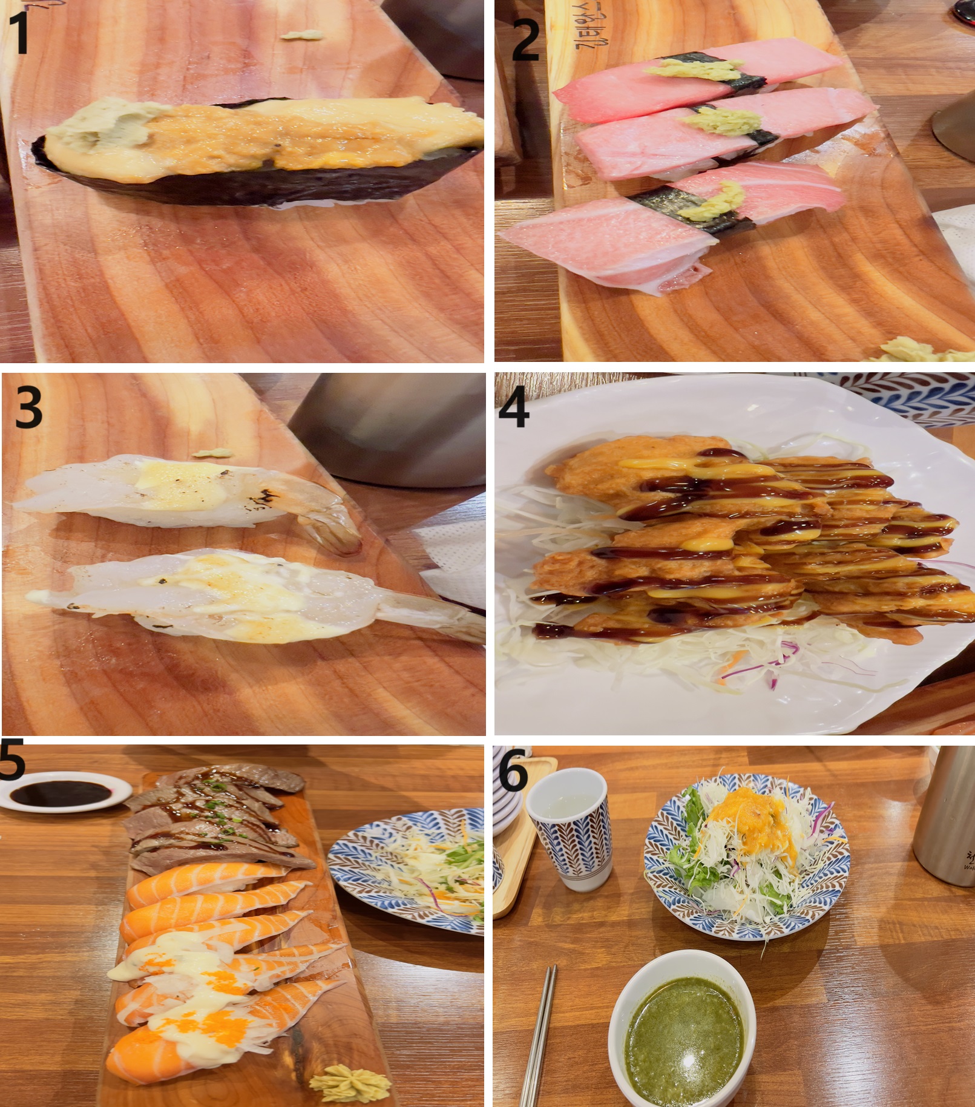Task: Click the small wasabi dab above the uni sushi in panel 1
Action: point(301,36)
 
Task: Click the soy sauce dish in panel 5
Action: point(64,792)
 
